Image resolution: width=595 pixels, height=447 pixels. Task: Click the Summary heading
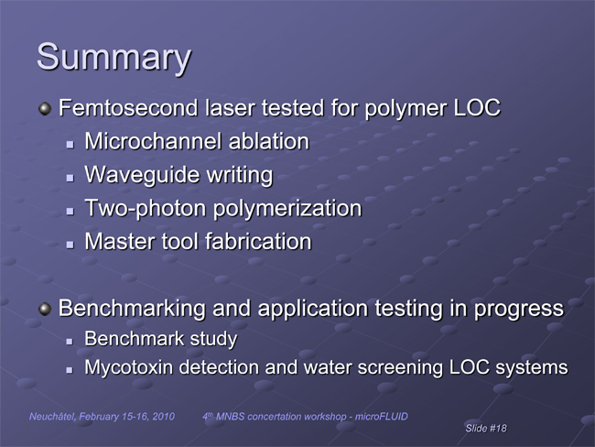pos(114,58)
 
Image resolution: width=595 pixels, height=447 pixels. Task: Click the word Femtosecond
pos(128,107)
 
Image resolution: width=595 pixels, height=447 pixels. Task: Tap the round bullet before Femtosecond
pos(45,109)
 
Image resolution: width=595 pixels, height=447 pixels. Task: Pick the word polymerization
pos(287,209)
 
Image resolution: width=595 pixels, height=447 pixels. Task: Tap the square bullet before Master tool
pos(70,245)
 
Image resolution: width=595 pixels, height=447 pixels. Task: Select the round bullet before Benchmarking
pos(45,309)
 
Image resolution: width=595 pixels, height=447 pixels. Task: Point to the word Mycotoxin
pos(128,368)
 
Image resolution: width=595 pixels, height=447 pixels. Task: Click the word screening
pos(400,368)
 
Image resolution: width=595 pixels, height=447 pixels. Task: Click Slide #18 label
pos(486,429)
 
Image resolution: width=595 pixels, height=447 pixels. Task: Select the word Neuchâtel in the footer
pos(53,417)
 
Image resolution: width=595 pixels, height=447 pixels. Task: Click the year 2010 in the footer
pos(164,417)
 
